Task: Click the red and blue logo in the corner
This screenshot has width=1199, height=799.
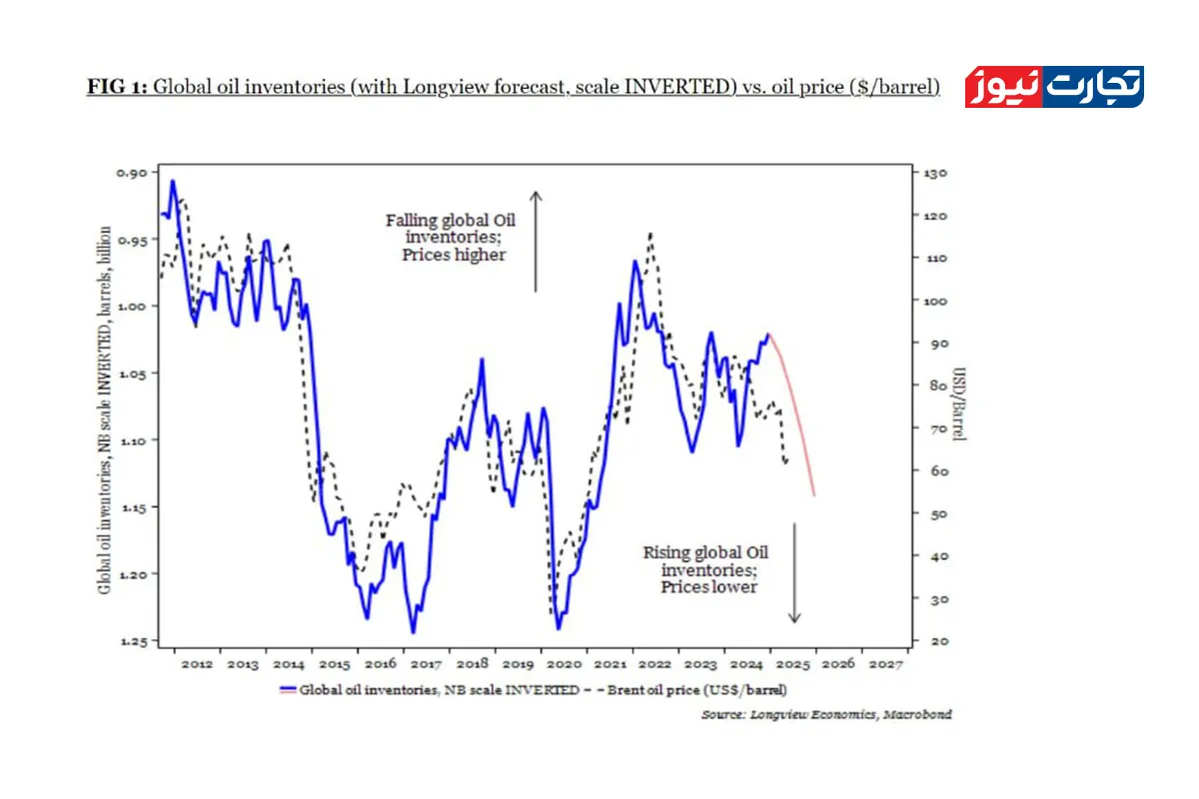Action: (1053, 87)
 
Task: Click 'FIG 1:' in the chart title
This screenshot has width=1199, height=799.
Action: (117, 87)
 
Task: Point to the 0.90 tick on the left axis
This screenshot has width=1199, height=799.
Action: (134, 172)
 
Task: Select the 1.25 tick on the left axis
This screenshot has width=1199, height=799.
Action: (134, 640)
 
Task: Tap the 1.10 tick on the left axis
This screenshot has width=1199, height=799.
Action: (134, 439)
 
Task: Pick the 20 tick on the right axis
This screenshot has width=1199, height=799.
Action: (929, 641)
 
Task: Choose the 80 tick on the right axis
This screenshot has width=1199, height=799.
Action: (929, 386)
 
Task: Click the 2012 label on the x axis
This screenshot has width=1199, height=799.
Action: (196, 664)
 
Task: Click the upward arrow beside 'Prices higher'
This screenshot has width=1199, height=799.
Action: (536, 241)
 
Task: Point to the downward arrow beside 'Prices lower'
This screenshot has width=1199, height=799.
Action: (794, 572)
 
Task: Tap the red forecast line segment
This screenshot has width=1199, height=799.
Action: (796, 419)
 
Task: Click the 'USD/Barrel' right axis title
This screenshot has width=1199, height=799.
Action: (959, 403)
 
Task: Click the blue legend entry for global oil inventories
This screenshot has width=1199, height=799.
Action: (430, 689)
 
